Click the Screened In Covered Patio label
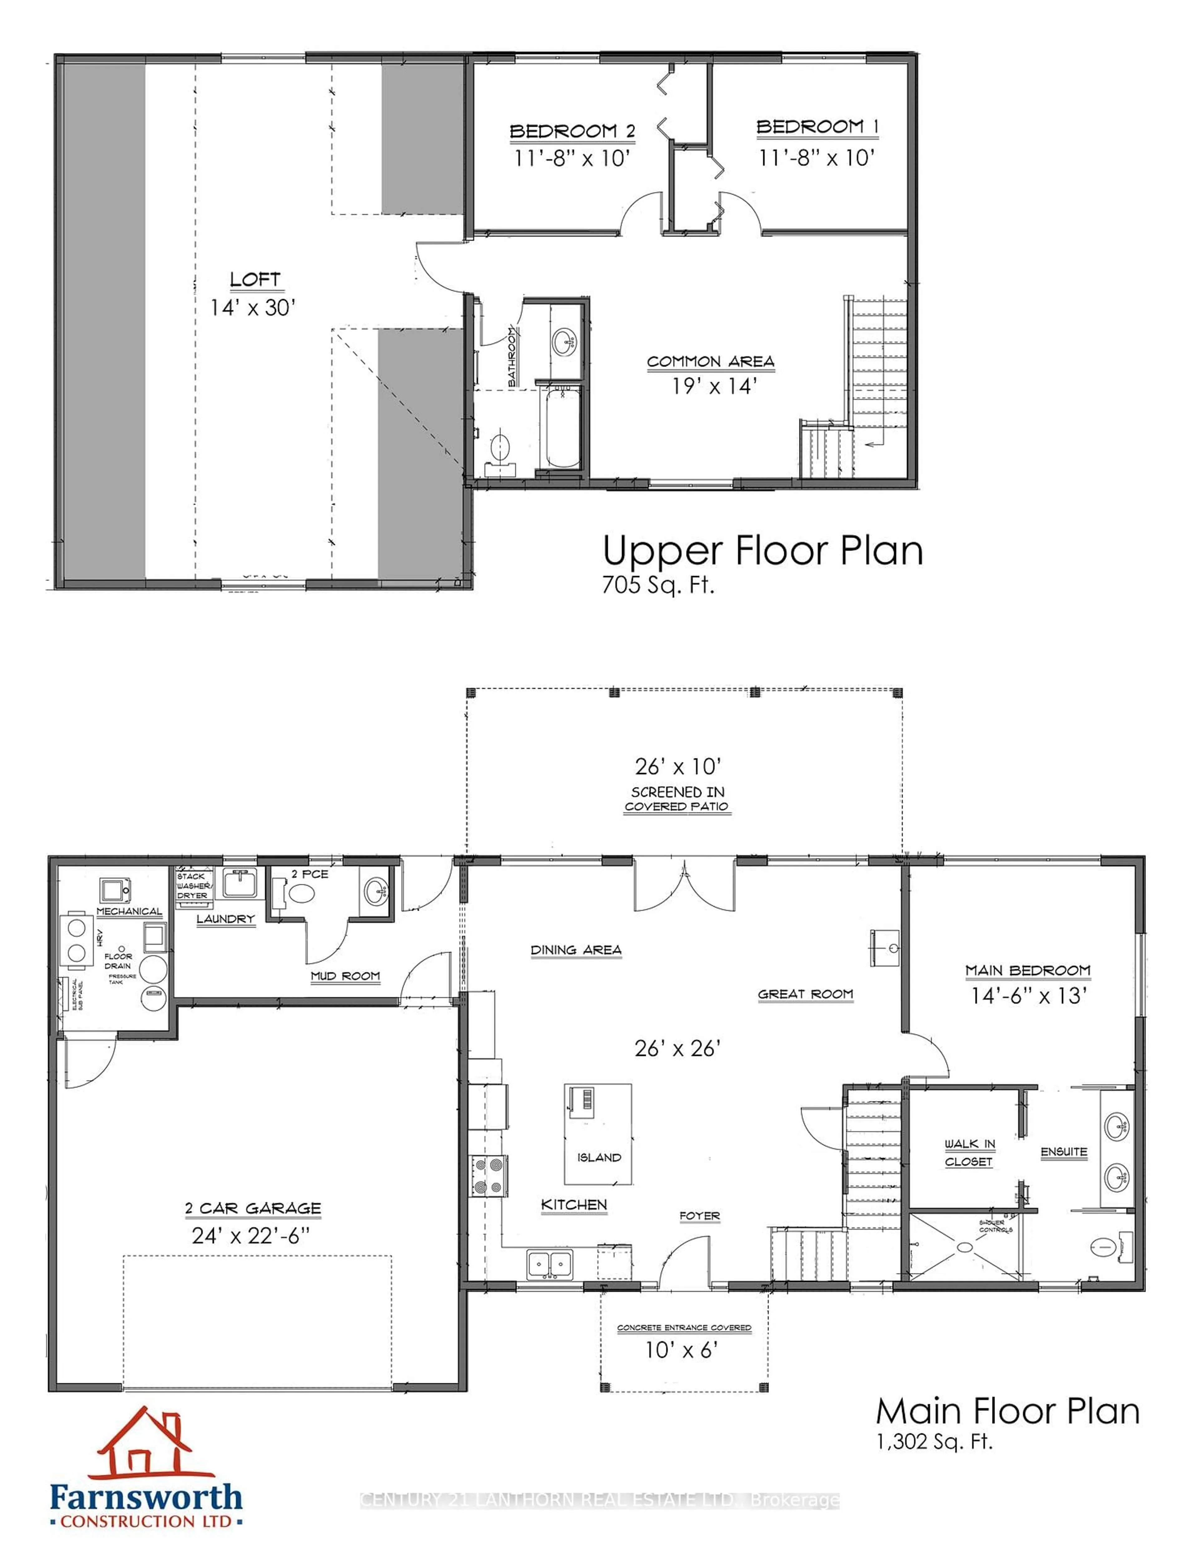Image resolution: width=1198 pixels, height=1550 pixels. (x=677, y=798)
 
